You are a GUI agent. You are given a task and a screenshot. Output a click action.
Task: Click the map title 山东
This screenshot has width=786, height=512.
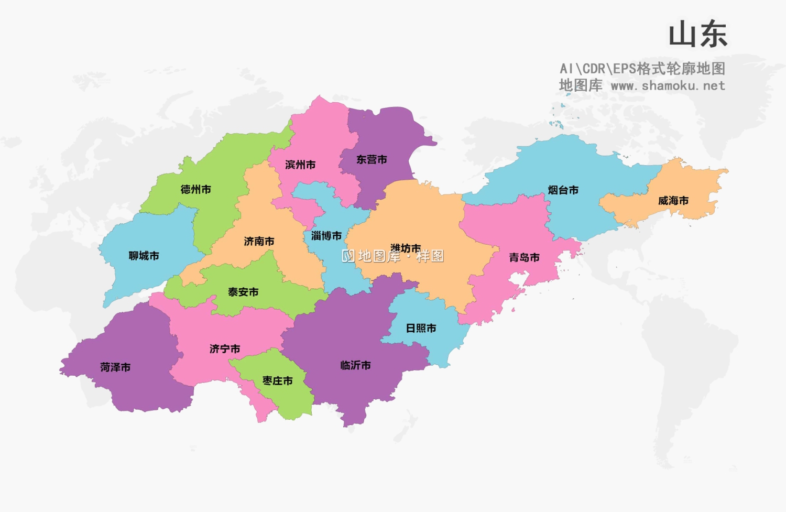pos(698,35)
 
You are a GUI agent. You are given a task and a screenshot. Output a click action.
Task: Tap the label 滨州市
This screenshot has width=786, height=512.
pos(300,165)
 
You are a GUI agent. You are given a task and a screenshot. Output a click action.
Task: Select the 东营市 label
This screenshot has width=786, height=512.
pos(372,159)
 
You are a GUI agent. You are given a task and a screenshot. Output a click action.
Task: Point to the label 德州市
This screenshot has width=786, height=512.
pos(195,189)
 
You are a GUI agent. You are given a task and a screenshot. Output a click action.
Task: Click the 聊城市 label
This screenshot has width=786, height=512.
pos(144,256)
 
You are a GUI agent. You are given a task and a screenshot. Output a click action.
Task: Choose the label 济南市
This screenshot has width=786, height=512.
pos(259,241)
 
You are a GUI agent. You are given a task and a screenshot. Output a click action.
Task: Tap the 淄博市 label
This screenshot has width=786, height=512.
pos(326,236)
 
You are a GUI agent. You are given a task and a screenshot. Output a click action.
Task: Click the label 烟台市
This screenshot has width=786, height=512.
pos(563,190)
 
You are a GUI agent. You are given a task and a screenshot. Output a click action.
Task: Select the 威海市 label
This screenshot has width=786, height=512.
pos(673,200)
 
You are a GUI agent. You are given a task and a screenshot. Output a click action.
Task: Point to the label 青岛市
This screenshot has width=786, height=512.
pos(524,257)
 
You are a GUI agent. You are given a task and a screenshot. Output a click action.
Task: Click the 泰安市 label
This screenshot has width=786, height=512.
pos(243,292)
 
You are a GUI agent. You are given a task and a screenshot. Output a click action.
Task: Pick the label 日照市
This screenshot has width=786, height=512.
pos(421,328)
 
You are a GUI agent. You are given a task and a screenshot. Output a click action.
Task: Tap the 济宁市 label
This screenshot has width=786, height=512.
pos(225,348)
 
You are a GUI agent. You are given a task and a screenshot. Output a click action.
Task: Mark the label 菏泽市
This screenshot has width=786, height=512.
pos(115,367)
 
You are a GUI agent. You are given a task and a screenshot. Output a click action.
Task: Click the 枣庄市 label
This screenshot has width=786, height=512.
pos(277,380)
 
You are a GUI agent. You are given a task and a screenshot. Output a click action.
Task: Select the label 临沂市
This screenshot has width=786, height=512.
pos(355,365)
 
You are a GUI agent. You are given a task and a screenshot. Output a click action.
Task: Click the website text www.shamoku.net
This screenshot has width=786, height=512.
pos(668,85)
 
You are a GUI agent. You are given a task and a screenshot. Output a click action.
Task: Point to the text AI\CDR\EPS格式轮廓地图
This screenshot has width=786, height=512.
pos(642,69)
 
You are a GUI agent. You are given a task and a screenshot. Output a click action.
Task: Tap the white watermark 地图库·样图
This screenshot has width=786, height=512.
pos(393,256)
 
